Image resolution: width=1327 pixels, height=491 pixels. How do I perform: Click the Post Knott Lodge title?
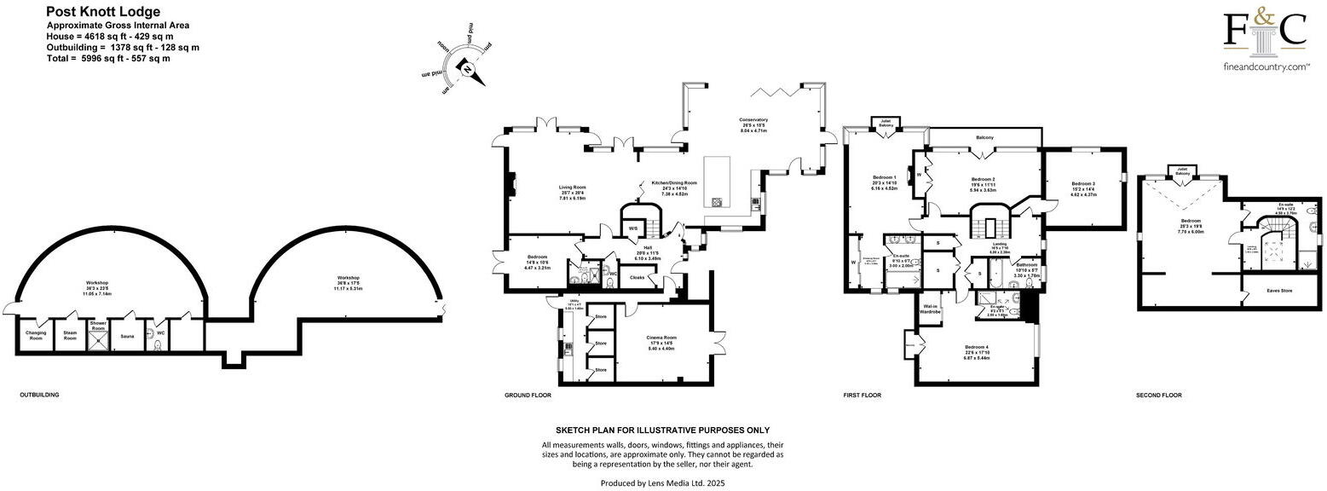102,12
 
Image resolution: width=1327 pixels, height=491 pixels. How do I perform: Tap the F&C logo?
1265,34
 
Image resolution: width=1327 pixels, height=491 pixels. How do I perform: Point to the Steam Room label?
70,335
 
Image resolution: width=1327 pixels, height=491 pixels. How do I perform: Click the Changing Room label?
36,335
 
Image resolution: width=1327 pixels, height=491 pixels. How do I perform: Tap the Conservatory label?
753,120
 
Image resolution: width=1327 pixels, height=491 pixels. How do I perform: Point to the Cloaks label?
638,277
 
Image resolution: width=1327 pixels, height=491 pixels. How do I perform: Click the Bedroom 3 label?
1083,184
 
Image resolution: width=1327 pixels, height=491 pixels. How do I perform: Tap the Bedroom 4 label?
977,347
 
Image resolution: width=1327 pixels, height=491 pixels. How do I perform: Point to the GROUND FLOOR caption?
528,396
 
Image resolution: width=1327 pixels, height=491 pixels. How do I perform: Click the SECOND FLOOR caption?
1159,396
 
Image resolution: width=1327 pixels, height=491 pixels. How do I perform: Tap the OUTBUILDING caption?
40,396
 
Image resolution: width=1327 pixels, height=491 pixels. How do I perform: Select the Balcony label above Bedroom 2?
984,137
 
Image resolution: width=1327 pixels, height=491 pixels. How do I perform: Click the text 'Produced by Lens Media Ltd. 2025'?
663,483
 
